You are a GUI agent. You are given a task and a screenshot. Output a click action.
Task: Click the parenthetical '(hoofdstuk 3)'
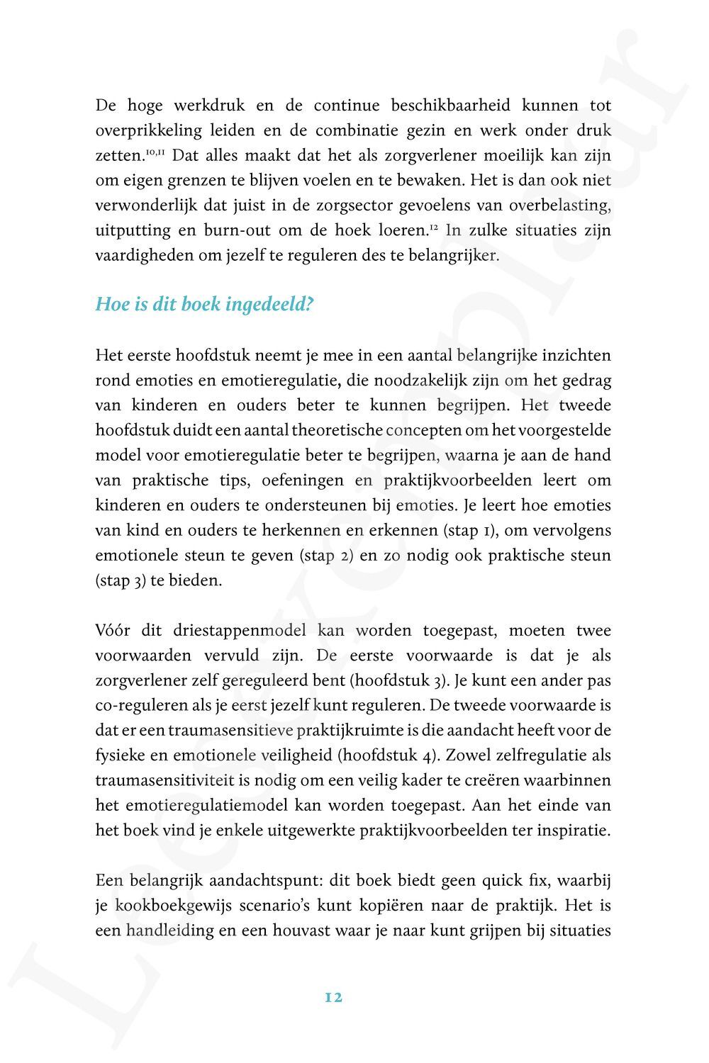pyautogui.click(x=403, y=681)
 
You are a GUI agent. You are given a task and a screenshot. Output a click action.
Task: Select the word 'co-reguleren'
pyautogui.click(x=134, y=707)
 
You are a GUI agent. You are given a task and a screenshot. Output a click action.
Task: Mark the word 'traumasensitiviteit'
pyautogui.click(x=160, y=781)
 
